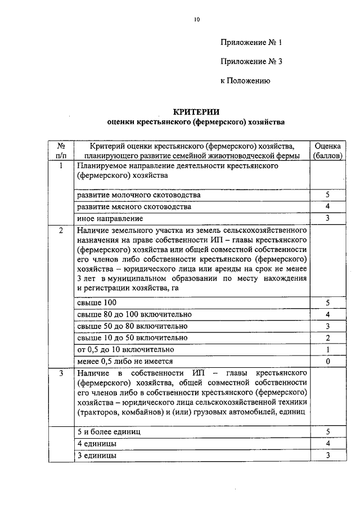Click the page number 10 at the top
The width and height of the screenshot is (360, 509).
[197, 20]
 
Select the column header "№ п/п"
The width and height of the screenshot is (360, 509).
[61, 150]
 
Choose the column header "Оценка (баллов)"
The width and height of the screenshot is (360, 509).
[327, 150]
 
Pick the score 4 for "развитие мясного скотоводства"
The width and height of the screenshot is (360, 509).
[327, 207]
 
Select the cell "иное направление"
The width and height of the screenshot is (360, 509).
[110, 218]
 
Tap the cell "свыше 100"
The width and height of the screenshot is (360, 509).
[97, 303]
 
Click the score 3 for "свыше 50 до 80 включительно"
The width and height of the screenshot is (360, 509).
[327, 326]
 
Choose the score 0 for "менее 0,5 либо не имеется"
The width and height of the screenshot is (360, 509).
[327, 362]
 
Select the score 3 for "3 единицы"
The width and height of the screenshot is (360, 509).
[327, 456]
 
